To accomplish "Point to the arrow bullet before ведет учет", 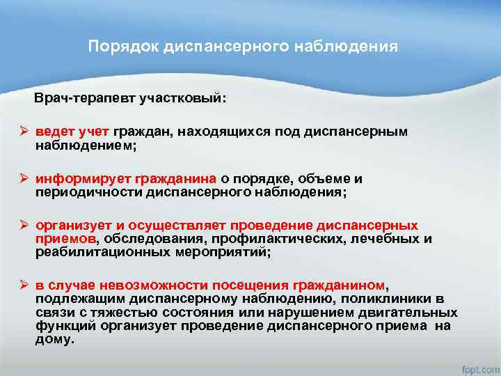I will tap(23, 132).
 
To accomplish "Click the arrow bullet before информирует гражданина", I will tap(23, 179).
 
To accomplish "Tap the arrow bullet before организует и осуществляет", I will tap(23, 226).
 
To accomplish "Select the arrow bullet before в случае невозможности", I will tap(23, 285).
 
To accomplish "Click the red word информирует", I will tap(80, 179).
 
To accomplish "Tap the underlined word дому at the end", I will tap(53, 338).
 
